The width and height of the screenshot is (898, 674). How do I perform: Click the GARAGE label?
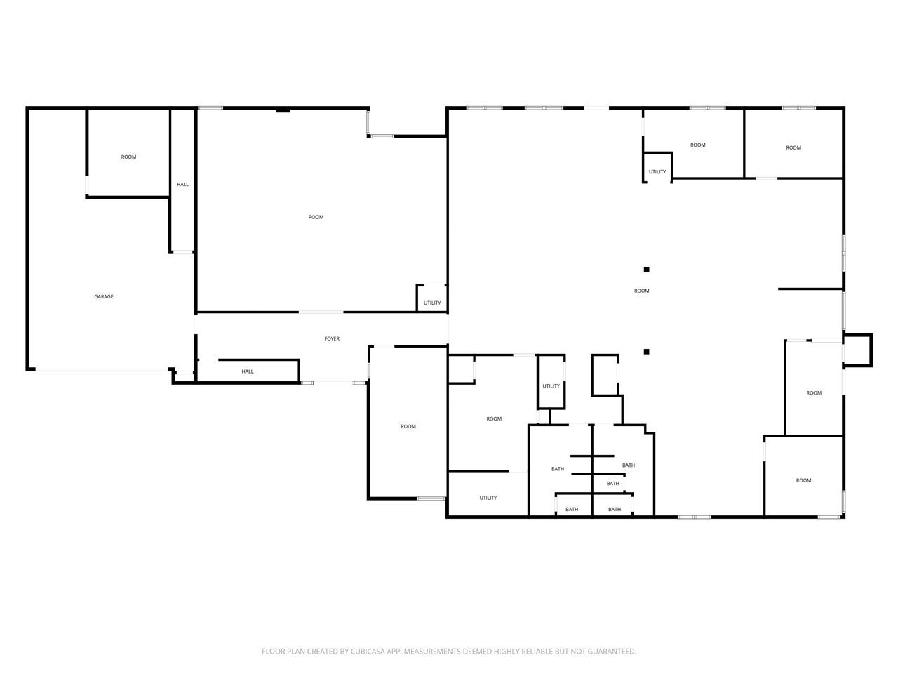click(x=104, y=296)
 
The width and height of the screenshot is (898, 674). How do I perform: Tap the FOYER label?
click(x=332, y=338)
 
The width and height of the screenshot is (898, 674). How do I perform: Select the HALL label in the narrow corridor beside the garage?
click(x=182, y=184)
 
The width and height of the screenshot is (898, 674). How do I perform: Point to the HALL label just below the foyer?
click(x=248, y=371)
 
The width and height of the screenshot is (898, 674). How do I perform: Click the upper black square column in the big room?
click(x=646, y=270)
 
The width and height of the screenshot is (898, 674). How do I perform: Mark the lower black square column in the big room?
click(x=646, y=352)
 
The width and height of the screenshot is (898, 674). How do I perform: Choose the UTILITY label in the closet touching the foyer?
click(x=432, y=303)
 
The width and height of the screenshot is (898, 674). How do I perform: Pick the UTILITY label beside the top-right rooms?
click(x=657, y=171)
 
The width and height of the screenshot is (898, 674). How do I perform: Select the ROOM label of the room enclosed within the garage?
click(x=128, y=157)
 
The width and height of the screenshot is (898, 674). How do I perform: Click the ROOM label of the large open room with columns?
click(x=641, y=291)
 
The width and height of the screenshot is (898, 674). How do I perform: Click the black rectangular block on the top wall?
click(x=283, y=110)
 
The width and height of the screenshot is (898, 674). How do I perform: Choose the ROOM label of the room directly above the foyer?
click(x=316, y=217)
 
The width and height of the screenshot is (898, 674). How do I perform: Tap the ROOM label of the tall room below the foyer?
click(x=408, y=426)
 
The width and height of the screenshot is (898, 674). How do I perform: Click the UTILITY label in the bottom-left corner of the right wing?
click(x=488, y=498)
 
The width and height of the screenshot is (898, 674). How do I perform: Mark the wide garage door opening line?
click(x=102, y=371)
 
